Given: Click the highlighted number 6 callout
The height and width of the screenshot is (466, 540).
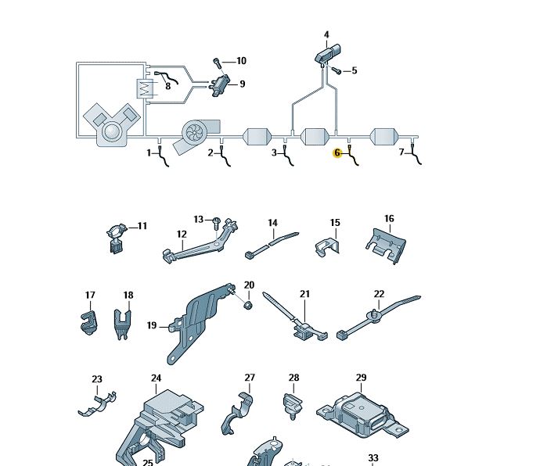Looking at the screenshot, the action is [337, 152].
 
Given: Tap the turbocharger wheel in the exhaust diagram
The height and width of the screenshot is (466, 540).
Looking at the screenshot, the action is [194, 131].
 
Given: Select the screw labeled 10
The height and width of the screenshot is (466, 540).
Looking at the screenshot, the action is [217, 63].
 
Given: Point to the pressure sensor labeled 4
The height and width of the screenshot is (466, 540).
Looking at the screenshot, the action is [328, 52].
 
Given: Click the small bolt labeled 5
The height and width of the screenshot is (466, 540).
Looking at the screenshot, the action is [336, 70].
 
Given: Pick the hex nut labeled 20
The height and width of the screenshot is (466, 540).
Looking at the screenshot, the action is [247, 305].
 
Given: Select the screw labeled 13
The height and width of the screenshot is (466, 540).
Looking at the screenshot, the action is [216, 223].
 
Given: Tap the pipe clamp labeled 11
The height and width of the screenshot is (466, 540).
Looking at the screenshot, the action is [117, 238].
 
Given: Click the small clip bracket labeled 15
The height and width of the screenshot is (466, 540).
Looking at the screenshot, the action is [327, 247].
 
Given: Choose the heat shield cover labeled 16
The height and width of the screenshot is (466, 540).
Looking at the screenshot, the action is [386, 246].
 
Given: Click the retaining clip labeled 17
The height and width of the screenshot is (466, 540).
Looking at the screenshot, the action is [89, 323].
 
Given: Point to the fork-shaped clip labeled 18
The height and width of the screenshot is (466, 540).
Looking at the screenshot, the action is [122, 324].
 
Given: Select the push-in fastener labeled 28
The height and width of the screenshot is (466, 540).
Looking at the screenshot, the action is [293, 407].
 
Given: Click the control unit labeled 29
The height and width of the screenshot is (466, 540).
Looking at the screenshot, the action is [362, 415].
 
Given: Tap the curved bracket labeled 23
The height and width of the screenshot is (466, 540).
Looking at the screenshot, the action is [98, 404].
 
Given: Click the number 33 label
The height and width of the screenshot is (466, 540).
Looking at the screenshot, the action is [373, 458].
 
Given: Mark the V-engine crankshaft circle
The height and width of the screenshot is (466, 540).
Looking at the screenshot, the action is [112, 132].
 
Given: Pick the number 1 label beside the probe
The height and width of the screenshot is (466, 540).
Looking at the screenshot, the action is [149, 152].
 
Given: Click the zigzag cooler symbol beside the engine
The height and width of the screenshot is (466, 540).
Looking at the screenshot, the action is [145, 89].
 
